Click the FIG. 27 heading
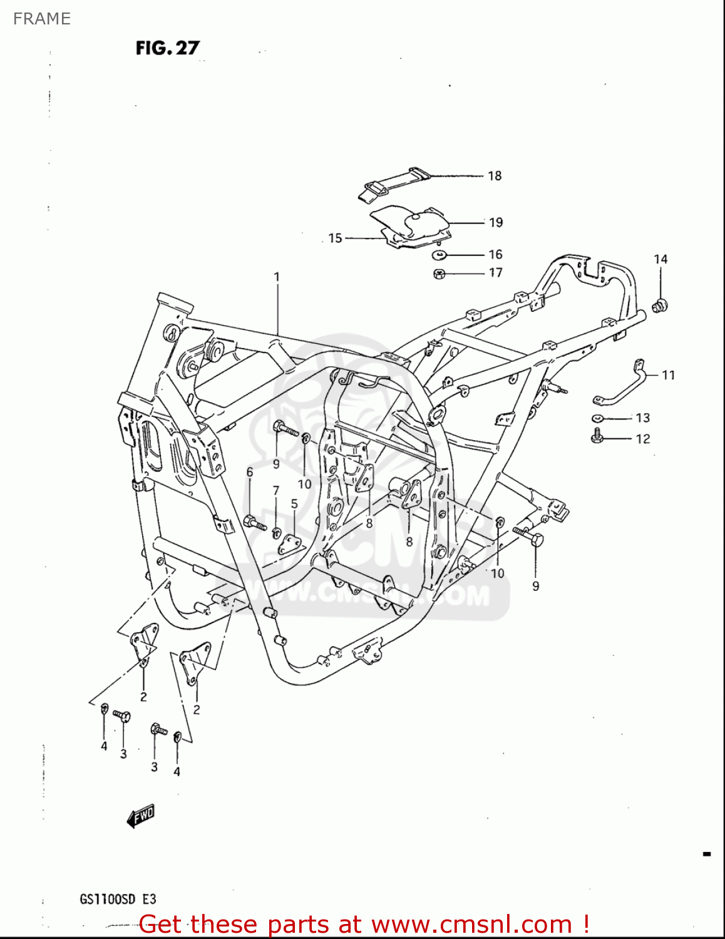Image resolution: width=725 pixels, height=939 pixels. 167,48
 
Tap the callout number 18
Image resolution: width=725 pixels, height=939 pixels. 495,176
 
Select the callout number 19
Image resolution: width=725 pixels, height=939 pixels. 496,222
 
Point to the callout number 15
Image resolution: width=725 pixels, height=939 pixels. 336,238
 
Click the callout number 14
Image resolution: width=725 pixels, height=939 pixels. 661,259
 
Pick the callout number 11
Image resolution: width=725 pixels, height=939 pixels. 669,375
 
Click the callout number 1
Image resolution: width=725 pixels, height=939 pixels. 277,276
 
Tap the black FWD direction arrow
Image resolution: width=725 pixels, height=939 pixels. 140,816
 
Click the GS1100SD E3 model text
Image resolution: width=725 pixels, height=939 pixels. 118,900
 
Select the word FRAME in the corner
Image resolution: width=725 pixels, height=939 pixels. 42,19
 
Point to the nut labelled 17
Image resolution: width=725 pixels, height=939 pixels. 440,274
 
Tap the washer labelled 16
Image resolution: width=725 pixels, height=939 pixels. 440,255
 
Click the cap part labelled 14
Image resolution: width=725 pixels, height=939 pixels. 659,305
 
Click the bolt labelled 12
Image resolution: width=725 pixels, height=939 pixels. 596,436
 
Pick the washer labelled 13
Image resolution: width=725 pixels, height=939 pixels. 597,418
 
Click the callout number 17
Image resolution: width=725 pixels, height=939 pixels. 495,272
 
